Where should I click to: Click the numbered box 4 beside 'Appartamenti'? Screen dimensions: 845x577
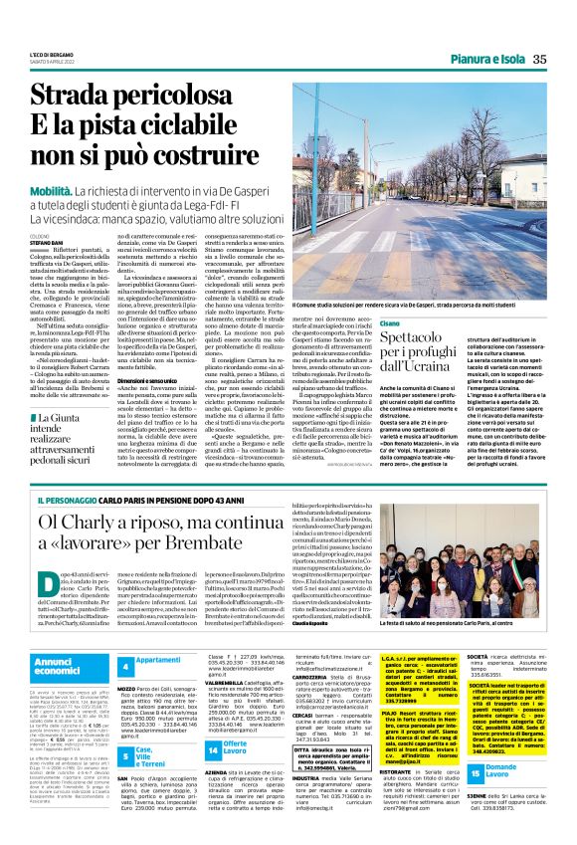click(x=125, y=662)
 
